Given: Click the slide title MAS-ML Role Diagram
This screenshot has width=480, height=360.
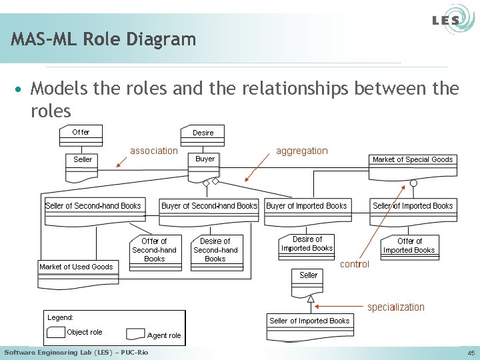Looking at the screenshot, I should pyautogui.click(x=103, y=39).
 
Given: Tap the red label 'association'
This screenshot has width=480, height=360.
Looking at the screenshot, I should pyautogui.click(x=154, y=151).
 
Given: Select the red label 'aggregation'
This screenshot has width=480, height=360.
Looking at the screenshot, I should pyautogui.click(x=302, y=151).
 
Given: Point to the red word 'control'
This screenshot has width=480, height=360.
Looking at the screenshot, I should pyautogui.click(x=355, y=264).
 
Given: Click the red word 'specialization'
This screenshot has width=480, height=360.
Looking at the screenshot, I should pyautogui.click(x=396, y=307).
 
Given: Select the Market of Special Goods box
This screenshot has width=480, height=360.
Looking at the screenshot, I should pyautogui.click(x=412, y=159).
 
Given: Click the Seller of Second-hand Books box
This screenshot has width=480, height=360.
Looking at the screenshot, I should pyautogui.click(x=93, y=206).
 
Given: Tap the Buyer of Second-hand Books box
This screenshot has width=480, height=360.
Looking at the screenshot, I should pyautogui.click(x=209, y=206).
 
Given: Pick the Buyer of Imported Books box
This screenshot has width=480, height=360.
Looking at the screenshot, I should pyautogui.click(x=307, y=206).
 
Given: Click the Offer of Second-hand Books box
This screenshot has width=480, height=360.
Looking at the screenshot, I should pyautogui.click(x=154, y=251).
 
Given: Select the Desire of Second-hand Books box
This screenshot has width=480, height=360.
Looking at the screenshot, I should pyautogui.click(x=215, y=251).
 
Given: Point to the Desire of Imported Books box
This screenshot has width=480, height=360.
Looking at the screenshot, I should pyautogui.click(x=307, y=245).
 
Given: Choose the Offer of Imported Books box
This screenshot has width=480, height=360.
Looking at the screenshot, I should pyautogui.click(x=409, y=246).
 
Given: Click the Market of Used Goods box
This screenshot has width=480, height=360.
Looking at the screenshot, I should pyautogui.click(x=76, y=267).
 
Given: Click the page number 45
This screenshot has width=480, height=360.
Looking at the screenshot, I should pyautogui.click(x=471, y=353).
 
